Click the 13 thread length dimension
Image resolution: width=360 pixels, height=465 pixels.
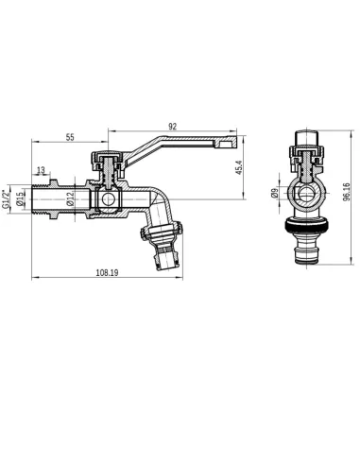[39, 171]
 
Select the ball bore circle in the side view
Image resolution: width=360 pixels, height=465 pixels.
[106, 199]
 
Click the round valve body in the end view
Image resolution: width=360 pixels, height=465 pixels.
[307, 196]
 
